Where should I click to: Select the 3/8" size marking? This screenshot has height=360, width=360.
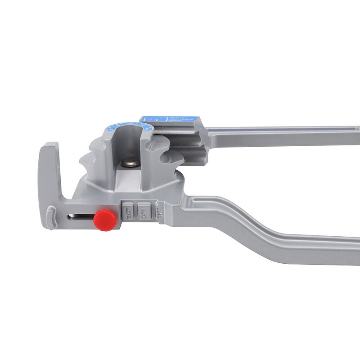tap(144, 210)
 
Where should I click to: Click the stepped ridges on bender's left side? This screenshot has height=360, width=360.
tap(90, 162)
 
